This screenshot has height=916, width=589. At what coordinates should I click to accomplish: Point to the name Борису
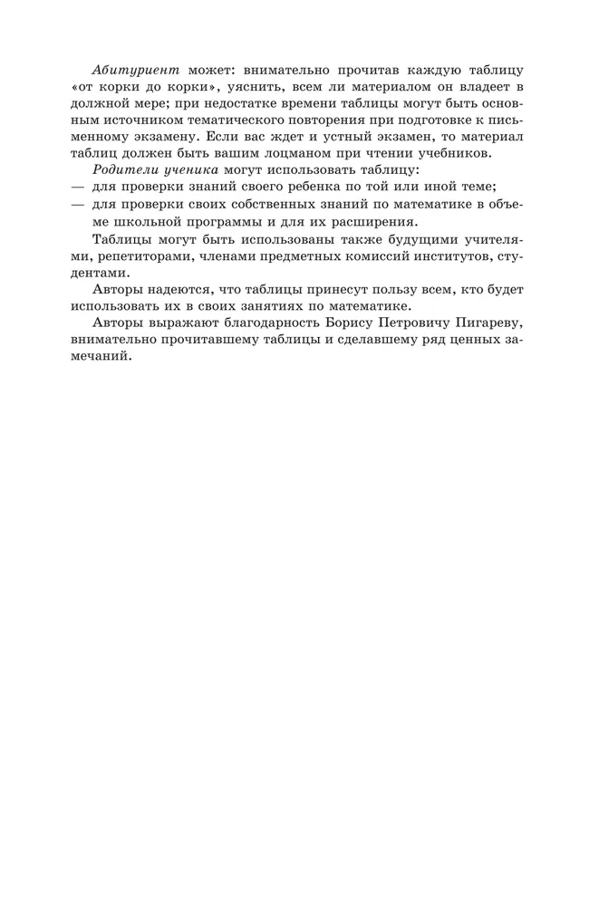point(346,323)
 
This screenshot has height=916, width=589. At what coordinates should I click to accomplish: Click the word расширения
point(375,221)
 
